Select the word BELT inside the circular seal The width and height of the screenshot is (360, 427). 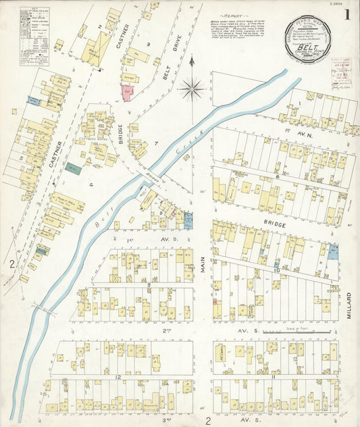click(x=317, y=47)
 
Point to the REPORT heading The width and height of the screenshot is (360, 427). click(x=235, y=13)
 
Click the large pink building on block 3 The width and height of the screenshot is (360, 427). click(x=126, y=93)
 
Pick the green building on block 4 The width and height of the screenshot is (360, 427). click(x=73, y=169)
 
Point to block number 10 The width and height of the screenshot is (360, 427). click(x=277, y=270)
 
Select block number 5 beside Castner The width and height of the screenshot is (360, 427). click(x=21, y=159)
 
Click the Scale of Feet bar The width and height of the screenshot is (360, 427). click(x=298, y=333)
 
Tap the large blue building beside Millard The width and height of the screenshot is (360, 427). click(x=332, y=253)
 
